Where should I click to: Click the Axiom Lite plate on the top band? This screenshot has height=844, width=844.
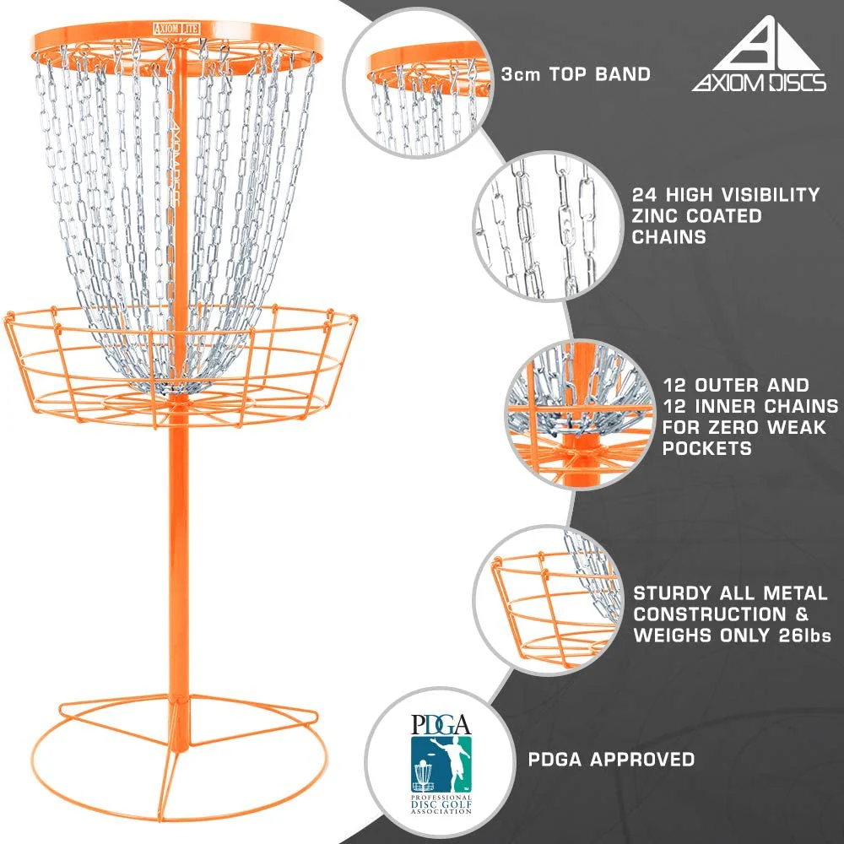click(x=176, y=29)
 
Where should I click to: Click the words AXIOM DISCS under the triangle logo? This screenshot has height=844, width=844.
click(x=759, y=83)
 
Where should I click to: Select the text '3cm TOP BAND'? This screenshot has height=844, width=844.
click(x=576, y=74)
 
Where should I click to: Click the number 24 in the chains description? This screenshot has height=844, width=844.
click(x=644, y=194)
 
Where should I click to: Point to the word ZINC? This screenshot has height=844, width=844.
click(x=656, y=216)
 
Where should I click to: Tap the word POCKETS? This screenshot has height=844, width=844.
click(x=706, y=448)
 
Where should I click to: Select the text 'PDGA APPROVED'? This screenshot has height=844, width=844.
click(x=611, y=760)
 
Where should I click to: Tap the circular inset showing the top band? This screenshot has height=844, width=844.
click(x=417, y=84)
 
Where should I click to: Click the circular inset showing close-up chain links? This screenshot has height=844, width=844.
click(x=548, y=226)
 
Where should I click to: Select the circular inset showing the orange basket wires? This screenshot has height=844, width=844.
click(x=547, y=600)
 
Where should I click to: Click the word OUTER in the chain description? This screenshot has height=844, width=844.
click(x=725, y=386)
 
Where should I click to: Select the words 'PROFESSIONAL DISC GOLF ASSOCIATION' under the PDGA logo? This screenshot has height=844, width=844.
click(x=441, y=804)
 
